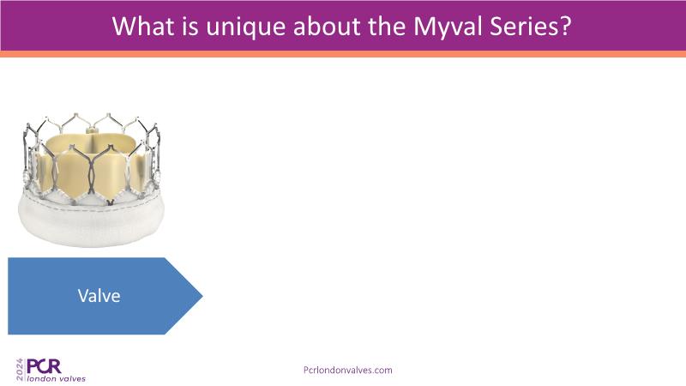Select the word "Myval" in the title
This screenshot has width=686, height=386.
tap(448, 27)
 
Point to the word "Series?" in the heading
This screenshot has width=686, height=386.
tap(531, 27)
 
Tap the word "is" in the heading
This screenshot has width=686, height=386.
tap(190, 27)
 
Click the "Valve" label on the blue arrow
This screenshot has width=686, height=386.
tap(99, 296)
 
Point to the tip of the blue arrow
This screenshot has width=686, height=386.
tap(202, 296)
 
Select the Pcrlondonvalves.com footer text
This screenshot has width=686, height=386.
tap(348, 370)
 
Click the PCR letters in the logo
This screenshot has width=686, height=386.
tap(44, 366)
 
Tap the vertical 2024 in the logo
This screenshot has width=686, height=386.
tap(20, 370)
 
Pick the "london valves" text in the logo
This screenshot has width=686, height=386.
tap(57, 378)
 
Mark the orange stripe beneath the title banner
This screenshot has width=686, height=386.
tap(343, 54)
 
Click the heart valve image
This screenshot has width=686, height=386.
tap(91, 179)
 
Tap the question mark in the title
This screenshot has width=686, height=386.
tap(566, 27)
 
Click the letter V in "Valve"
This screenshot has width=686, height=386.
tap(83, 296)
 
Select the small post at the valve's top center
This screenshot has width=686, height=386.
tap(91, 130)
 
